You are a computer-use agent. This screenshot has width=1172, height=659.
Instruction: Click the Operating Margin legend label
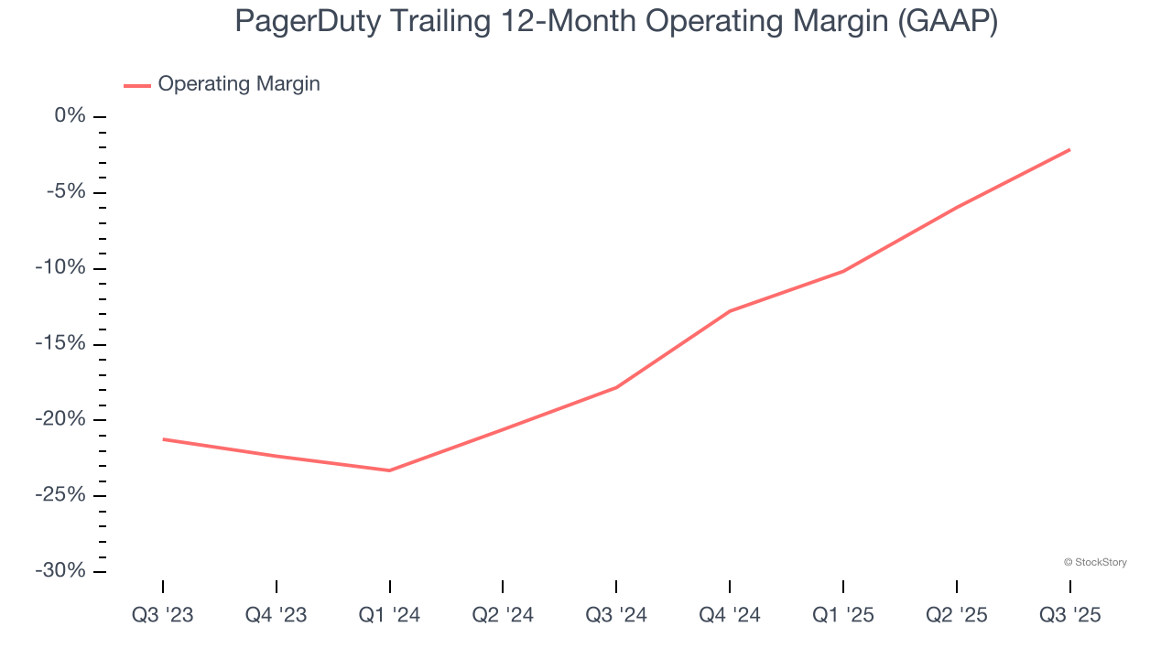[239, 84]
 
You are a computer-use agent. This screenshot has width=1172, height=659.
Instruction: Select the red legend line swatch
[137, 85]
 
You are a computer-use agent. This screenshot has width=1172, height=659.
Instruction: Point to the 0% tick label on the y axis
[70, 116]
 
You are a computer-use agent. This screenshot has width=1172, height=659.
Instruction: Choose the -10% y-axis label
[60, 268]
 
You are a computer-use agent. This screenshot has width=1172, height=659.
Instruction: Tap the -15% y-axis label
[60, 344]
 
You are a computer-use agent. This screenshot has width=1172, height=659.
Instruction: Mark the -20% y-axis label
[60, 419]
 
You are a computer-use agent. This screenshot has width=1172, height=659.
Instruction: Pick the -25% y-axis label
[60, 495]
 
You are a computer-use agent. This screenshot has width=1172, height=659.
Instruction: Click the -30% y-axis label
[60, 571]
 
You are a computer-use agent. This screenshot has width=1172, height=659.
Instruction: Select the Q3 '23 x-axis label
[163, 616]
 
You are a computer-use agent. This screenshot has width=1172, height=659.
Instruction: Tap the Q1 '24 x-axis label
[389, 616]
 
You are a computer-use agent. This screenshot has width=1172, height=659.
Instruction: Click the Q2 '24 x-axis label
[503, 616]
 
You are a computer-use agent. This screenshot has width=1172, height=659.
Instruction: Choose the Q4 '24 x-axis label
[730, 616]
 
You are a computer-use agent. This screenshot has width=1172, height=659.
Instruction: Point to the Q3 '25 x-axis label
[1069, 616]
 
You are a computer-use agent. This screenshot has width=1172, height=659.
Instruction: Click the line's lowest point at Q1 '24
[389, 470]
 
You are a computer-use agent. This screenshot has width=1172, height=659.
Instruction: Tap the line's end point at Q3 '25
[1069, 149]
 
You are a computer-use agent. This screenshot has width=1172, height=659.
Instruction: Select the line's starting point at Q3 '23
[163, 439]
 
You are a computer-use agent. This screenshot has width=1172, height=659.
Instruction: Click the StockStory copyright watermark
[1095, 562]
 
